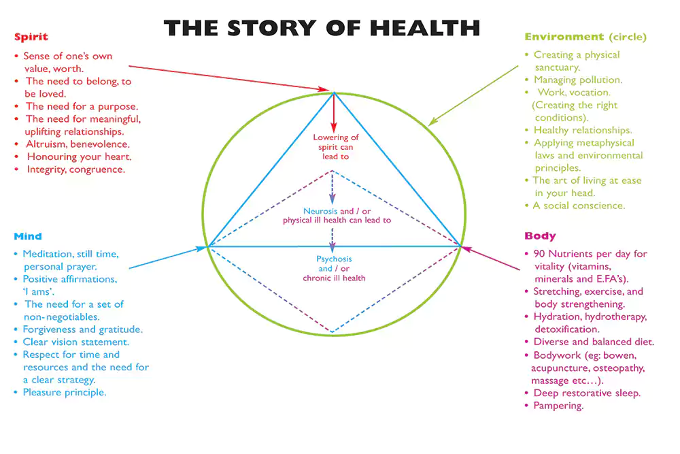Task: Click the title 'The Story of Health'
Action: (x=322, y=28)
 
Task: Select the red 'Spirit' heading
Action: (x=31, y=36)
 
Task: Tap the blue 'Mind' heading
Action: (x=27, y=236)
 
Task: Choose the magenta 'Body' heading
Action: (x=540, y=236)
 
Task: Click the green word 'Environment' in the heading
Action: (x=564, y=37)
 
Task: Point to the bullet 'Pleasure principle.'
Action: (x=65, y=392)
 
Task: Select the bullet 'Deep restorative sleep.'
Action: (x=587, y=393)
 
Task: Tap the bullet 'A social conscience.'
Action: (x=579, y=206)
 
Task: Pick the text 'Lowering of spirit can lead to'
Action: (x=335, y=147)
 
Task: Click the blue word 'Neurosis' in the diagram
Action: (x=319, y=211)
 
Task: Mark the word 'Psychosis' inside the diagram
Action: (x=335, y=259)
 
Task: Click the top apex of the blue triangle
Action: (x=333, y=93)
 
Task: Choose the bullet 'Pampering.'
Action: (x=558, y=406)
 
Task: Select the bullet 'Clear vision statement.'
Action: (x=75, y=342)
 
